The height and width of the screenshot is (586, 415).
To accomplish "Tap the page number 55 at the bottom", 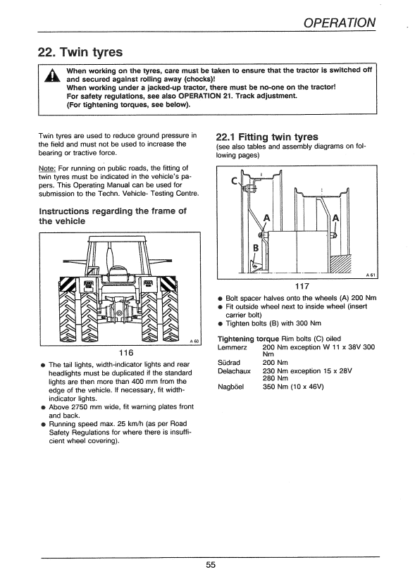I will click(x=211, y=564).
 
